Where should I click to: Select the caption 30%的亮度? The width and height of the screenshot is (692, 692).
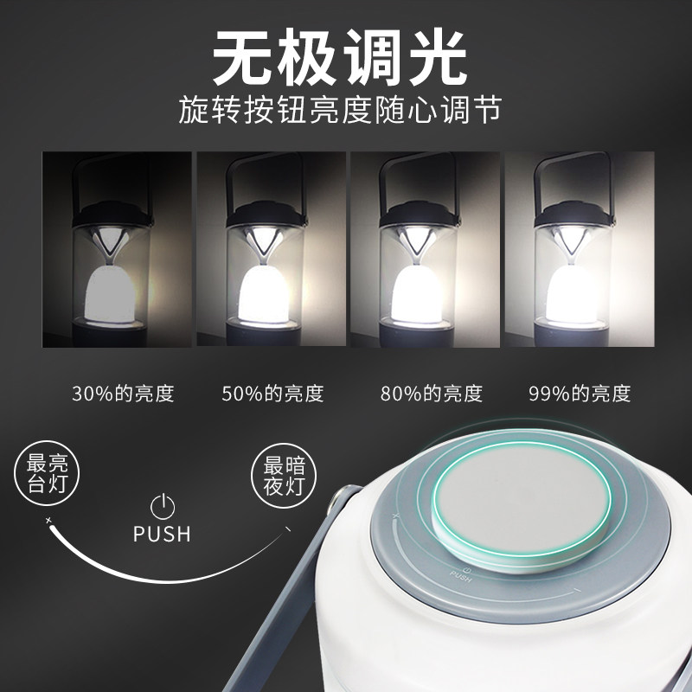[124, 394]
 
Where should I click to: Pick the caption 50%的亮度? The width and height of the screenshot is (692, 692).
[272, 394]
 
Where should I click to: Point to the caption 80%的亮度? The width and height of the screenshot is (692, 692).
[431, 394]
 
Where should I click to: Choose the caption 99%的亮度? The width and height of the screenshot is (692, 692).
[580, 394]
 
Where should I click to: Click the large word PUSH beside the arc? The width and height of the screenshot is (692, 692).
[162, 534]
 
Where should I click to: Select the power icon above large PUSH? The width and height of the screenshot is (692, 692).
[162, 505]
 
